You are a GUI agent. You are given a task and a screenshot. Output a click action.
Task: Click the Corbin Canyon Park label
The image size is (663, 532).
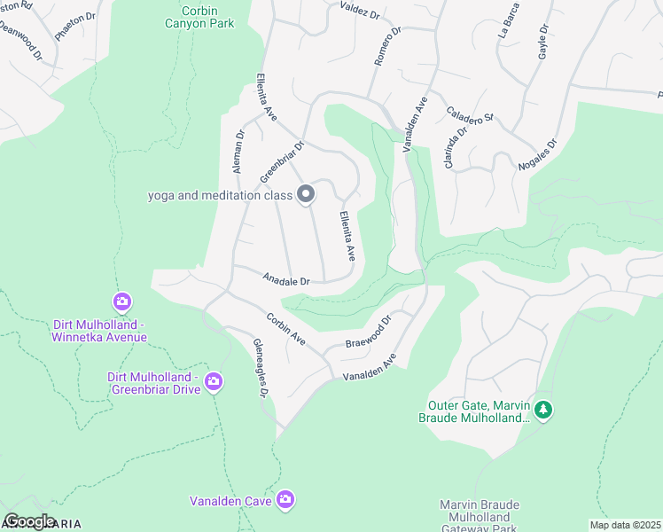click(199, 17)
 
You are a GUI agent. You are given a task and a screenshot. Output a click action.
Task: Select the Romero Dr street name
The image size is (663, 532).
click(387, 44)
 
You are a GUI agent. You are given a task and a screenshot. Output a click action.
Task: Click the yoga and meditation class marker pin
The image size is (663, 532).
click(306, 194)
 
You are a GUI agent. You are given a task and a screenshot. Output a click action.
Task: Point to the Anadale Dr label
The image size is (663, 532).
click(285, 279)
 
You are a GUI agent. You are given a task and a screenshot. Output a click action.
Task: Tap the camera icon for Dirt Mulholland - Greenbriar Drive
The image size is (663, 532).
click(214, 382)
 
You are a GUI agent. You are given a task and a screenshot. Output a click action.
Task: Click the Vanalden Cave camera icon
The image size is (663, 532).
click(285, 500)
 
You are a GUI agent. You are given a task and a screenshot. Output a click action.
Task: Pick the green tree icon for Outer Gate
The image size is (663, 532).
click(544, 410)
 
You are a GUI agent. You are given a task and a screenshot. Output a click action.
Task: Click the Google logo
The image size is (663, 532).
click(29, 521)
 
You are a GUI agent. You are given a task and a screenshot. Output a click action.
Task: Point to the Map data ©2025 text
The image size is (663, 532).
click(624, 525)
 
